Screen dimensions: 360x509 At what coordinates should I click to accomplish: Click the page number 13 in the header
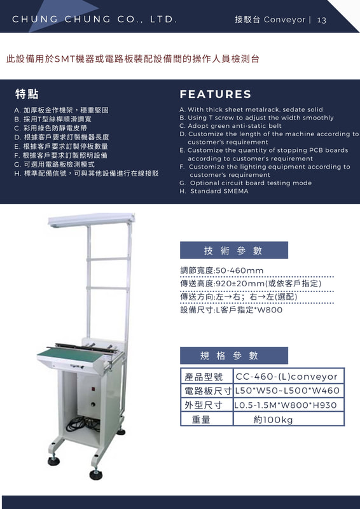click(x=321, y=20)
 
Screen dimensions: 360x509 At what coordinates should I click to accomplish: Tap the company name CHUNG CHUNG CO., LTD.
click(x=95, y=20)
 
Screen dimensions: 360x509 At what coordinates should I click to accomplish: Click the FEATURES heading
click(x=215, y=94)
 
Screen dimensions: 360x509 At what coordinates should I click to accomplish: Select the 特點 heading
click(x=27, y=94)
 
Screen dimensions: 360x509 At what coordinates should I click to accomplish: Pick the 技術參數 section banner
click(x=233, y=250)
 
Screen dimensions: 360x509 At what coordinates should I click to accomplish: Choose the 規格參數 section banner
click(x=233, y=356)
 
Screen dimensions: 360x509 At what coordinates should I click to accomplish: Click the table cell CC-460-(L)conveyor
click(x=287, y=377)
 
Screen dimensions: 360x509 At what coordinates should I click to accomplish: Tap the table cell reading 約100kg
click(x=273, y=420)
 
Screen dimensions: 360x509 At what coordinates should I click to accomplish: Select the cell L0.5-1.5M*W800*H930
click(x=286, y=405)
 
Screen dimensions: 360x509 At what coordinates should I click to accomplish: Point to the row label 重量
click(x=201, y=420)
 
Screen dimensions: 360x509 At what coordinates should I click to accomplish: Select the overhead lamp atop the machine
click(x=92, y=220)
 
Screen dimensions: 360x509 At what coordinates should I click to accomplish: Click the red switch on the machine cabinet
click(x=92, y=389)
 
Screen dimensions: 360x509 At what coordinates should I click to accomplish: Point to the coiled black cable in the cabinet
click(x=83, y=424)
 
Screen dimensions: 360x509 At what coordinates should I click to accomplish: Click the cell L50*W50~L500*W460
click(x=287, y=391)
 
